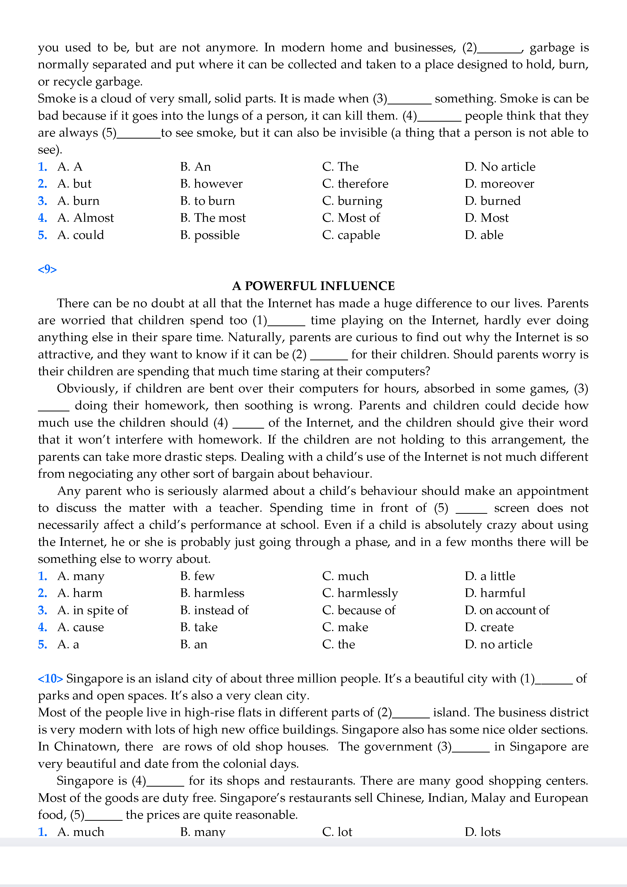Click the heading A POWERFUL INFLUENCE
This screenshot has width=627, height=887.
point(313,286)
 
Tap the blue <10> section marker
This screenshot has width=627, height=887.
point(50,678)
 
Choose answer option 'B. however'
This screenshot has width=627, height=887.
point(211,184)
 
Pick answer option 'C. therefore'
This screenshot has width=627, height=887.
point(355,184)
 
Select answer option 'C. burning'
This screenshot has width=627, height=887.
point(352,201)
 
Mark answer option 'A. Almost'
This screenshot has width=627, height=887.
point(86,218)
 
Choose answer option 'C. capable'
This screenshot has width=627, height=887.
point(351,235)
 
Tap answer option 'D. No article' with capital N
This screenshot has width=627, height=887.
point(500,167)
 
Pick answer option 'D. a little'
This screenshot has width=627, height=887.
point(490,576)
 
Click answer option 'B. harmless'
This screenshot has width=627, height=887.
point(212,593)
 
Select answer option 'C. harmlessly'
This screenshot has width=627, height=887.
point(360,593)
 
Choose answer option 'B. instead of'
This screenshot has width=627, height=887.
point(214,610)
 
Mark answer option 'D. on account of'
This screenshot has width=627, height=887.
point(506,610)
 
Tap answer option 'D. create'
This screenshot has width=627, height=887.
point(489,627)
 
